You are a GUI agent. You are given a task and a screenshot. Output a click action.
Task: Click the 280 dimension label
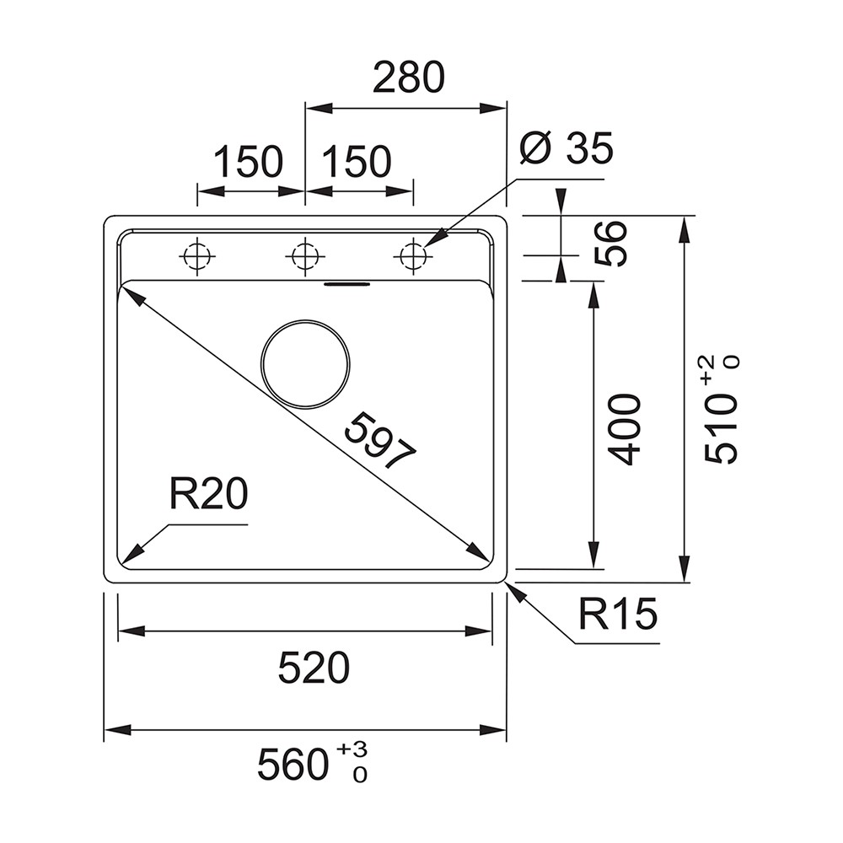click(409, 78)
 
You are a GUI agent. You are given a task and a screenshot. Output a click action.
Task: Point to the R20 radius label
click(208, 494)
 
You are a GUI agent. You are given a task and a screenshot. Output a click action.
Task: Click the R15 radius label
click(618, 614)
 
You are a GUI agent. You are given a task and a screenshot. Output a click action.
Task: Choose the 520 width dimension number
click(314, 668)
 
